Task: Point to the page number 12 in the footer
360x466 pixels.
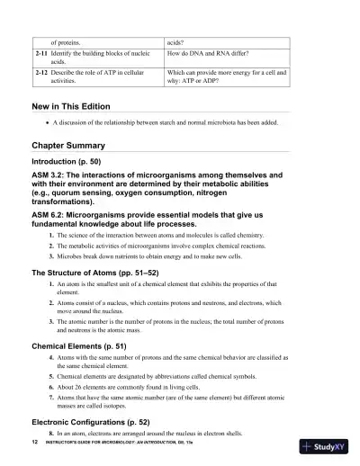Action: [34, 444]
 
